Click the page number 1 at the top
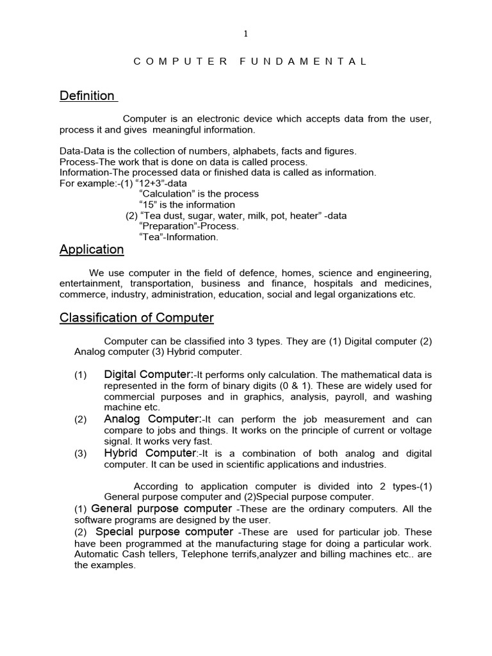pyautogui.click(x=245, y=35)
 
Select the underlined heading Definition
pyautogui.click(x=87, y=96)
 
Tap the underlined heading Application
pyautogui.click(x=92, y=250)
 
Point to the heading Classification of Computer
pyautogui.click(x=136, y=318)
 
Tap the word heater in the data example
pyautogui.click(x=304, y=216)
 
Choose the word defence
pyautogui.click(x=244, y=273)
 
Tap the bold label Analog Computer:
pyautogui.click(x=149, y=419)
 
